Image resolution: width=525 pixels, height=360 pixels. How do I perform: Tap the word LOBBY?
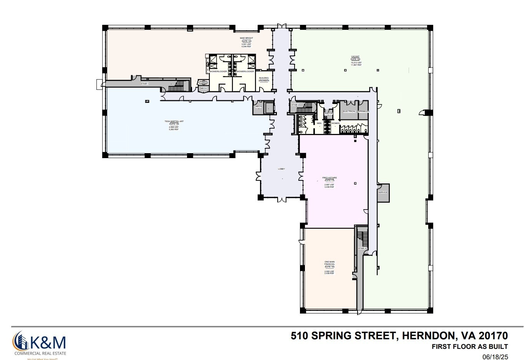[281, 169]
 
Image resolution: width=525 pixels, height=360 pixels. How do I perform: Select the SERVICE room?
[383, 192]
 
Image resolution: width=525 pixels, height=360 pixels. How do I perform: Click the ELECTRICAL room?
[349, 111]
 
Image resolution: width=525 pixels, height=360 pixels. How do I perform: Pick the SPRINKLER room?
[363, 111]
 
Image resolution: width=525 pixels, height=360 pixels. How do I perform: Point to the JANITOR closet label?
[328, 113]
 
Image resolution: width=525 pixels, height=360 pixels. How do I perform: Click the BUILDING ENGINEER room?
[264, 79]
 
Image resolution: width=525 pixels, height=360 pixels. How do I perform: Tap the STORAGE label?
[203, 83]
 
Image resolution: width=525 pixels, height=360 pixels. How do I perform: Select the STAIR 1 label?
[145, 83]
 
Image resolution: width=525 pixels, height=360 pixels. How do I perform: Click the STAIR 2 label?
[295, 105]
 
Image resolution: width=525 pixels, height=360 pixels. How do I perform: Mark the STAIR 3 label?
[362, 248]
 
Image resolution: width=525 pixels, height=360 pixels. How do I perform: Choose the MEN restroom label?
[319, 123]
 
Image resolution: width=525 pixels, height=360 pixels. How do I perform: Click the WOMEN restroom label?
[335, 123]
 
